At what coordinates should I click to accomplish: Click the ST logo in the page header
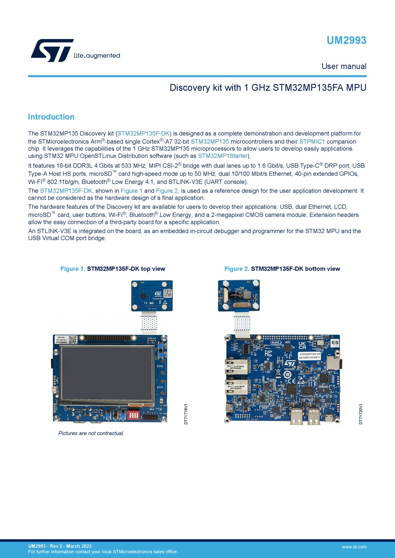tap(52, 50)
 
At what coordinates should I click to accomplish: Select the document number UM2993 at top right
tap(346, 40)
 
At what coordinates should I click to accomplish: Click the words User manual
tap(343, 66)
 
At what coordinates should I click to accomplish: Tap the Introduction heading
tap(51, 117)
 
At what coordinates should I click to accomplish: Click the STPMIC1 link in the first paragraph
tap(312, 142)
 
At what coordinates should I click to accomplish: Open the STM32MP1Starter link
tap(223, 156)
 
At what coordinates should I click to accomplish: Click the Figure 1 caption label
tap(73, 269)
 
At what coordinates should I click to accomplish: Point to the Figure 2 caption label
tap(237, 269)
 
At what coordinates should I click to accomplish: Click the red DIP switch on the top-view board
tap(134, 415)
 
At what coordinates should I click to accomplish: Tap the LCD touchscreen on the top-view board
tap(107, 374)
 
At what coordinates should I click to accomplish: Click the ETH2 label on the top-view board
tap(160, 366)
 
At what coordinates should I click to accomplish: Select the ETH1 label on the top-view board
tap(160, 387)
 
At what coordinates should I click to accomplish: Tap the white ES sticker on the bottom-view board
tap(335, 343)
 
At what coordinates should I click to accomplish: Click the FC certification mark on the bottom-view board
tap(269, 354)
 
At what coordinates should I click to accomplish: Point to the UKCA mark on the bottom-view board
tap(302, 345)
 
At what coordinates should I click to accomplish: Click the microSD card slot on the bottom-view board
tap(333, 363)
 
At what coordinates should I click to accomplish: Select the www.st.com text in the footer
tap(354, 547)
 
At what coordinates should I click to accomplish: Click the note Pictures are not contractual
tap(91, 433)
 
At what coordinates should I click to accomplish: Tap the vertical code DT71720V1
tap(361, 414)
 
